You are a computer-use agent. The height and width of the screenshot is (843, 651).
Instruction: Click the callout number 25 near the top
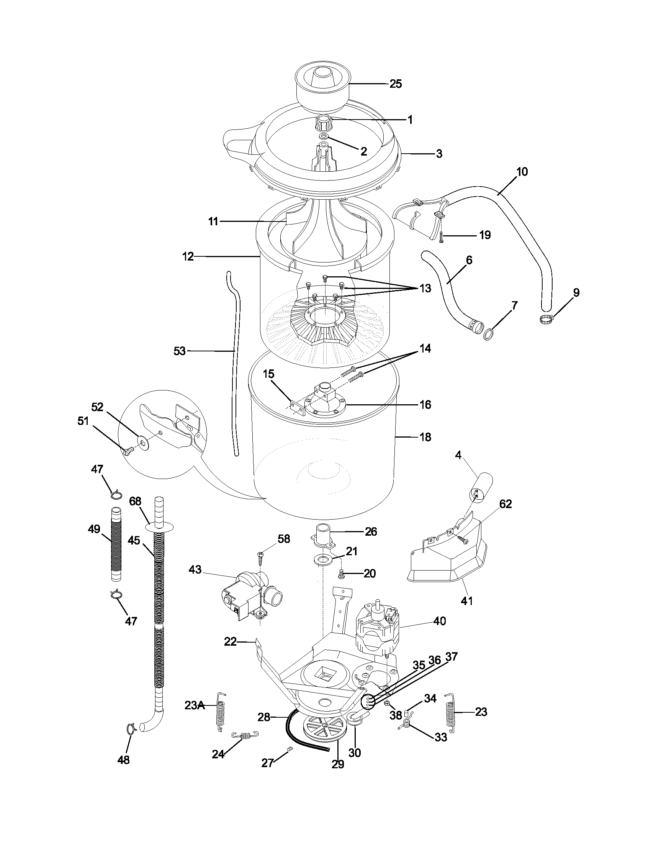(x=396, y=84)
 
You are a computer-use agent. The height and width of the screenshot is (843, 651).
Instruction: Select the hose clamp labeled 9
(x=546, y=318)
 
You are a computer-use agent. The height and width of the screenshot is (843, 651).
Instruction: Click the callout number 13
(x=425, y=288)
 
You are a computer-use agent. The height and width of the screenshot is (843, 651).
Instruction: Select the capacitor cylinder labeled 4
(x=481, y=489)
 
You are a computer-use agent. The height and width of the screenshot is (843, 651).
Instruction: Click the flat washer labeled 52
(x=143, y=440)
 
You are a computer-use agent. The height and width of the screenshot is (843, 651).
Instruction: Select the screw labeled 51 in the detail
(x=128, y=450)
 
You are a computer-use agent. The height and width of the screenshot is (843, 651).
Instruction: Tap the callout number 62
(x=505, y=504)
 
